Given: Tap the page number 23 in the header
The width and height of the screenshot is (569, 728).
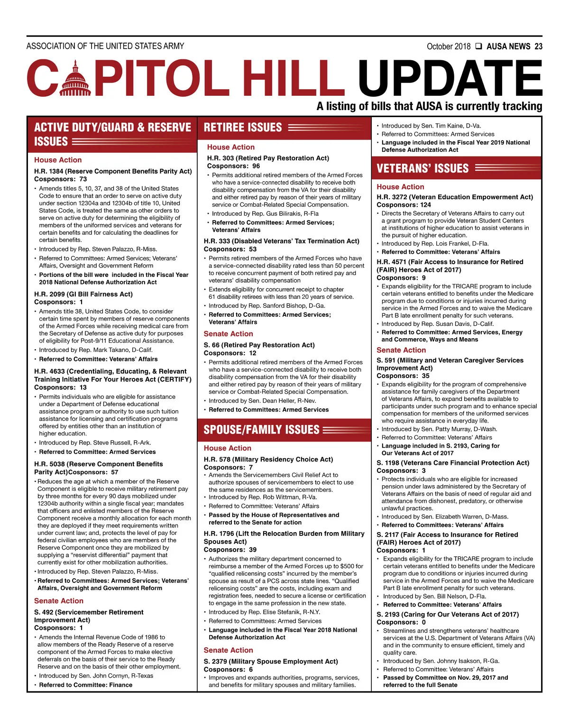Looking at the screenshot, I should [538, 46].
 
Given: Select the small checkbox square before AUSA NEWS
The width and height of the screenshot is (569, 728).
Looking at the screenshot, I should [478, 46].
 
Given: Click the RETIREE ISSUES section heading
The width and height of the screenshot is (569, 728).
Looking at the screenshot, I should [243, 128].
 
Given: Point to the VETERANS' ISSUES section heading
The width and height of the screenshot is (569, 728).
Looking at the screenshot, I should [422, 168].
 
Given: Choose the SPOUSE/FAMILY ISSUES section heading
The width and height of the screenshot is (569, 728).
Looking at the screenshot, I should [261, 430].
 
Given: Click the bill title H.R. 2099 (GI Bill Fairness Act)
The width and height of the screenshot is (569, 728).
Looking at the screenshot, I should [83, 294].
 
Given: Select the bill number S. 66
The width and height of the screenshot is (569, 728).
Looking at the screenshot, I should [211, 345].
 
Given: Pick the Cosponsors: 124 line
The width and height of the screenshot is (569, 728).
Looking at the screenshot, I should [404, 205].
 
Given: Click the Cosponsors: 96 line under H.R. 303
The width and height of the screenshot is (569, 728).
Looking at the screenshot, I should [233, 166].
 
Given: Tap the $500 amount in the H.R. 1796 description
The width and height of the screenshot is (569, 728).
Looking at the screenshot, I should [342, 566].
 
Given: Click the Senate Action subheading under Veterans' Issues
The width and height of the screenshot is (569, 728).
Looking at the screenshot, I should [401, 350].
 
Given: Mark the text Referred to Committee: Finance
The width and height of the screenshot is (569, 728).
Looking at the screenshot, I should [86, 685].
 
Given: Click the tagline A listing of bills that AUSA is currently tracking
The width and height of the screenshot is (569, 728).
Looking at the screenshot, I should [429, 106].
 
